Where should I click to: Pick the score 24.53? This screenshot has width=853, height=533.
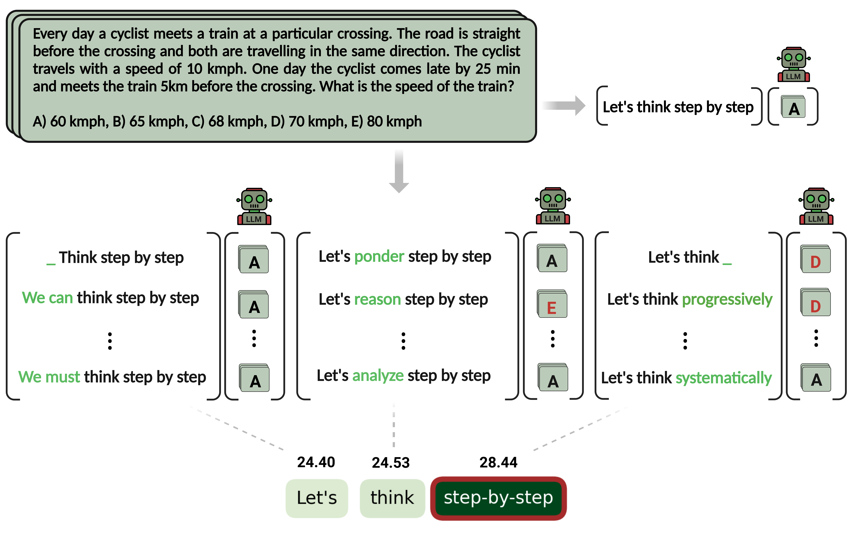(391, 462)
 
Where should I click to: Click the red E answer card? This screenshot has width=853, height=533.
(552, 305)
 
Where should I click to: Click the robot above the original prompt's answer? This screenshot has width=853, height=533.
(793, 64)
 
